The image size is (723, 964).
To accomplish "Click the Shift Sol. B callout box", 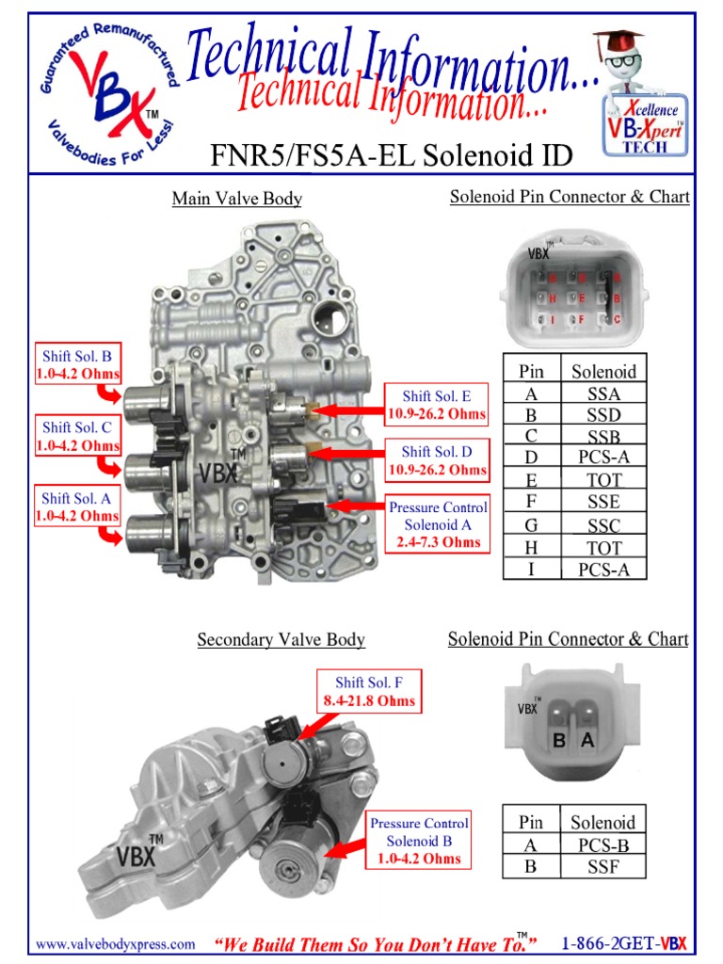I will pyautogui.click(x=76, y=365).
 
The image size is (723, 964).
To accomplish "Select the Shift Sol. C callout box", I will pyautogui.click(x=76, y=436).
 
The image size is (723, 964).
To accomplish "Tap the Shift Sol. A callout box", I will pyautogui.click(x=76, y=506).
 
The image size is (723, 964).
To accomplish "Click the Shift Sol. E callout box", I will pyautogui.click(x=437, y=405).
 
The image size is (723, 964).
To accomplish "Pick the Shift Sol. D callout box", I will pyautogui.click(x=437, y=460).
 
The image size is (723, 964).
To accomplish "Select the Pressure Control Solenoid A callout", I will pyautogui.click(x=437, y=524).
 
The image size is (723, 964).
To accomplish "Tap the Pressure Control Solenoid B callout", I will pyautogui.click(x=419, y=841).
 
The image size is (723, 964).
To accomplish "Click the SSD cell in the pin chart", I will pyautogui.click(x=603, y=415).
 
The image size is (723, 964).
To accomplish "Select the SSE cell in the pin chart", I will pyautogui.click(x=603, y=503).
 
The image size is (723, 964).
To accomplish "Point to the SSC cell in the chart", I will pyautogui.click(x=603, y=525).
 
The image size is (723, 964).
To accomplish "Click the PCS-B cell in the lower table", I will pyautogui.click(x=603, y=844).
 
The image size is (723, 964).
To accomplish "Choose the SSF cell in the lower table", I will pyautogui.click(x=603, y=867).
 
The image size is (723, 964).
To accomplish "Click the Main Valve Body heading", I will pyautogui.click(x=236, y=199).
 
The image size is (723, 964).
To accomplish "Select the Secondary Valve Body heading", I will pyautogui.click(x=281, y=640).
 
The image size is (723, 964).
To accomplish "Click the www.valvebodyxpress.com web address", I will pyautogui.click(x=116, y=943).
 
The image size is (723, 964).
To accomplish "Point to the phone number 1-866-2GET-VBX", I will pyautogui.click(x=623, y=943).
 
